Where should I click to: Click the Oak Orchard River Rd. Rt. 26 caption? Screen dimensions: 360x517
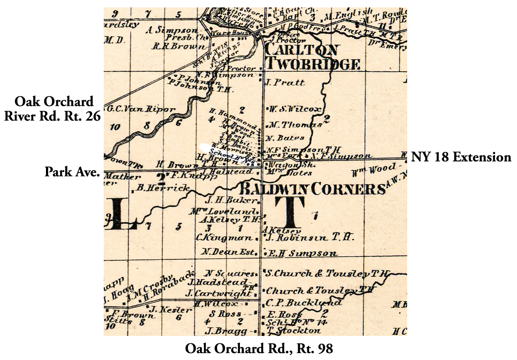(x=53, y=109)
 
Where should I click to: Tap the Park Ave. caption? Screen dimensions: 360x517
(x=72, y=172)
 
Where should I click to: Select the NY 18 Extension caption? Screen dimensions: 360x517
(x=461, y=157)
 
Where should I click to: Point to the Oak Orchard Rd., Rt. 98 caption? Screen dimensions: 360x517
(x=259, y=349)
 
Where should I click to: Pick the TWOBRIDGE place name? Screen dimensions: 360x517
(x=313, y=65)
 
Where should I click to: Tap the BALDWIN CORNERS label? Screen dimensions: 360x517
(x=312, y=189)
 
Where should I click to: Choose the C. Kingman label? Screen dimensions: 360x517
(x=224, y=238)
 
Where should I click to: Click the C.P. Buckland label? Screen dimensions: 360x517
(x=303, y=303)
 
